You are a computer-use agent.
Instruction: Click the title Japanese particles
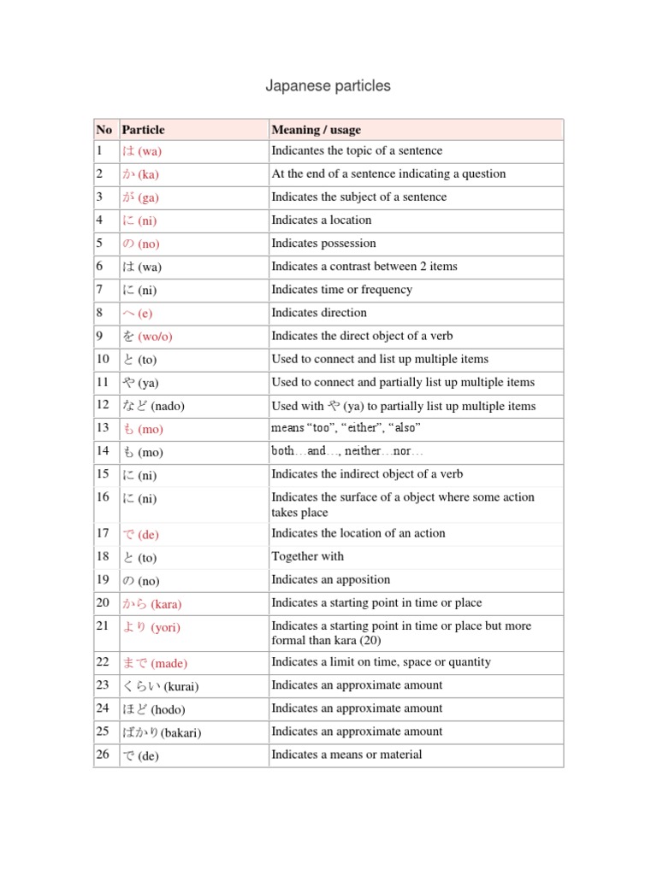coord(328,85)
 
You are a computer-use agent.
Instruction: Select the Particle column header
coord(144,130)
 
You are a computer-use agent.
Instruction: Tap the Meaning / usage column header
coord(316,130)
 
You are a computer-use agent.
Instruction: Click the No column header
coord(104,130)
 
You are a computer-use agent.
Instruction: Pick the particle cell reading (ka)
coord(141,174)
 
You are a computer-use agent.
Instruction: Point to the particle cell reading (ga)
coord(141,197)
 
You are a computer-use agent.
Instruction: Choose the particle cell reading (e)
coord(137,313)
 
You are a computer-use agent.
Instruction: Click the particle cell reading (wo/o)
coord(149,337)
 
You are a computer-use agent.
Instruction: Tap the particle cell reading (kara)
coord(152,604)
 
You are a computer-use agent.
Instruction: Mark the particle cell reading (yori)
coord(152,627)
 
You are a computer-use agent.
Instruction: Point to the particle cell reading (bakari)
coord(162,732)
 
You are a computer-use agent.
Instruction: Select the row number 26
coord(104,755)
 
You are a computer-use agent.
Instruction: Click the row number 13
coord(104,428)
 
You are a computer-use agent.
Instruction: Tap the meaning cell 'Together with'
coord(307,556)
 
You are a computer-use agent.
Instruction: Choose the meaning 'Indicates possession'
coord(323,244)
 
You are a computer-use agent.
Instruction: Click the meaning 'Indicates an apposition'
coord(330,579)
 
